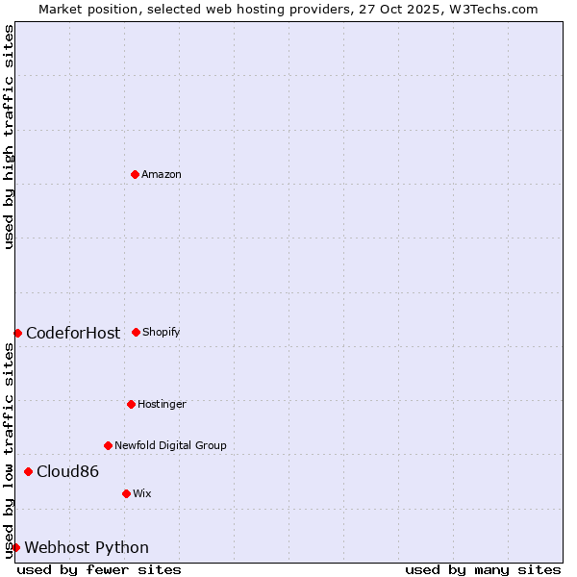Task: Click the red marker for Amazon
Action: [x=135, y=174]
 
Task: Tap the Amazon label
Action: [x=162, y=174]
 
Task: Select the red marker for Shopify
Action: [x=136, y=332]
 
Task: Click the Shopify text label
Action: [x=162, y=332]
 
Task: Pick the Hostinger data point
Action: [x=131, y=404]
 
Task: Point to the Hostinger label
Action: [x=162, y=404]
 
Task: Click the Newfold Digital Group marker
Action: [x=108, y=445]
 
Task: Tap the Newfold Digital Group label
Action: [x=170, y=445]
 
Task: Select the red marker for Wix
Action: [x=126, y=493]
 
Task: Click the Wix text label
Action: [x=142, y=493]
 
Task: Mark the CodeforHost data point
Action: [x=17, y=333]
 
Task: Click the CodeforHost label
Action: [x=73, y=333]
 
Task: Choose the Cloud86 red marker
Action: [x=28, y=471]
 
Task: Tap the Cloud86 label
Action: [x=67, y=471]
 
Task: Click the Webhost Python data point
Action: [x=15, y=547]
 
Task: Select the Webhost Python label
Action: [x=87, y=547]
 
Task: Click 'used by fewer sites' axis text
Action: [x=99, y=569]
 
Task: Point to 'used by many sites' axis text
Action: [x=483, y=569]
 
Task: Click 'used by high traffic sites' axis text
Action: [x=9, y=137]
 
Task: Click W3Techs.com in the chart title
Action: [x=491, y=9]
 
